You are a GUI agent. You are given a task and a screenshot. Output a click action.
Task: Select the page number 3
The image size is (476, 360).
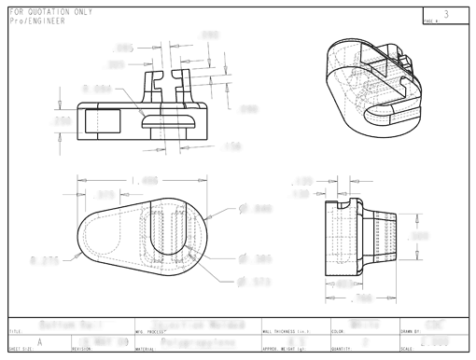pyautogui.click(x=446, y=14)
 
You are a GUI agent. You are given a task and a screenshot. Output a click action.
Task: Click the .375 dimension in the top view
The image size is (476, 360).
pyautogui.click(x=105, y=194)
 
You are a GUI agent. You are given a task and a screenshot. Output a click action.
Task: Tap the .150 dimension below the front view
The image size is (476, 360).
pyautogui.click(x=232, y=146)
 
